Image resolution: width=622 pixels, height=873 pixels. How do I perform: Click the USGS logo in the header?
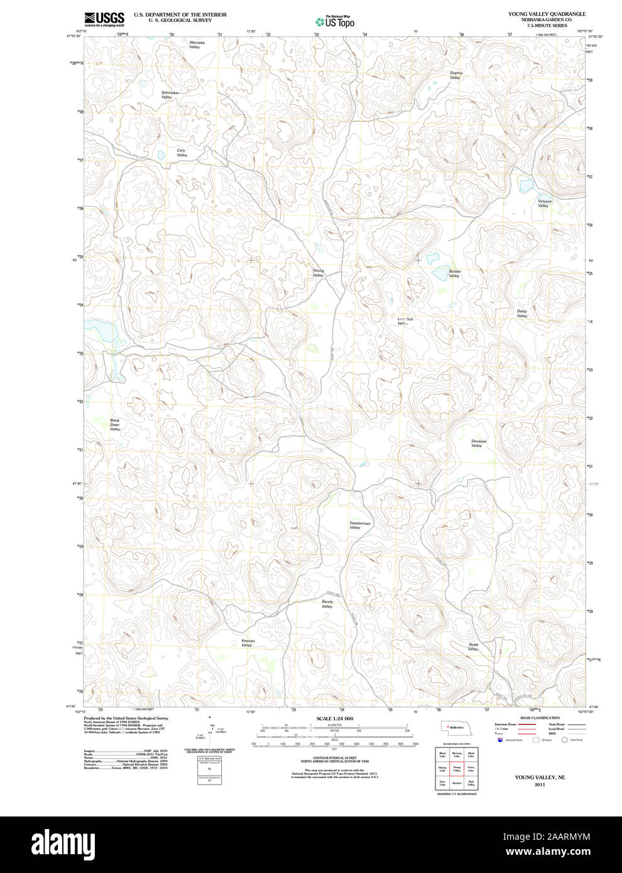[104, 18]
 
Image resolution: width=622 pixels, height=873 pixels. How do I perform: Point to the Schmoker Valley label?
[170, 95]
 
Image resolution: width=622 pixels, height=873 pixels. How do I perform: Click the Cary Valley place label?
[182, 153]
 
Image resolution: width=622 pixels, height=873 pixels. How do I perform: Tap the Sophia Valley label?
[456, 75]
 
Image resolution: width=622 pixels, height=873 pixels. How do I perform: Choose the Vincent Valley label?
[544, 203]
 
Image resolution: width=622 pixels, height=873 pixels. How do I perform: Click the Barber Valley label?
[454, 273]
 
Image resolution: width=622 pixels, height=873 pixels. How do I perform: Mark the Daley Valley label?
[521, 313]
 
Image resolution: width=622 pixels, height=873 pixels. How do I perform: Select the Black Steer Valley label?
[115, 425]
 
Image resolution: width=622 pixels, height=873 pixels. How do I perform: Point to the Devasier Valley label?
[478, 443]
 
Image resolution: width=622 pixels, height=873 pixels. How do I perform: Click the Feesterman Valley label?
[359, 525]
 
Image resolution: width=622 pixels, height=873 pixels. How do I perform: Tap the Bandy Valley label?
[327, 604]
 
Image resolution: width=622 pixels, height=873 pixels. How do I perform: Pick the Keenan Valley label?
[248, 643]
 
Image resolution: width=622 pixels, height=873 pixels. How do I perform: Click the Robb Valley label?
[473, 646]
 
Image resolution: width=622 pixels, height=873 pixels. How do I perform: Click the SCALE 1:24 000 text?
[334, 718]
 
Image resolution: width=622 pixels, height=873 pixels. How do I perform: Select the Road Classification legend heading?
[539, 718]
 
